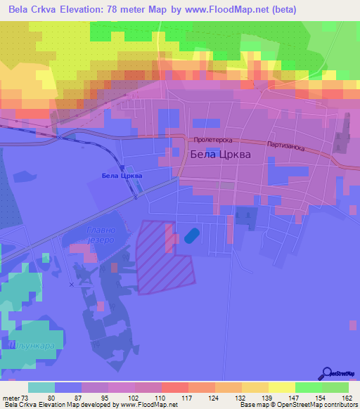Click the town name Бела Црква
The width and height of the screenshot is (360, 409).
click(x=220, y=155)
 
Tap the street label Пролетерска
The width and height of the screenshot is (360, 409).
click(x=214, y=141)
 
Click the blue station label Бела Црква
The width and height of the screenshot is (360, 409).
click(x=122, y=176)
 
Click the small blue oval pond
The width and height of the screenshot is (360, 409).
click(x=192, y=236)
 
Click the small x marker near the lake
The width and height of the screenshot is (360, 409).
click(x=71, y=285)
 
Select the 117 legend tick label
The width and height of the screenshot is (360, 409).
click(x=188, y=398)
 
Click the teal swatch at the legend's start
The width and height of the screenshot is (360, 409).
click(x=41, y=387)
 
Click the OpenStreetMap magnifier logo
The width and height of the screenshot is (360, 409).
click(x=326, y=373)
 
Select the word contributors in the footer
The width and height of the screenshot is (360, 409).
click(x=340, y=405)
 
